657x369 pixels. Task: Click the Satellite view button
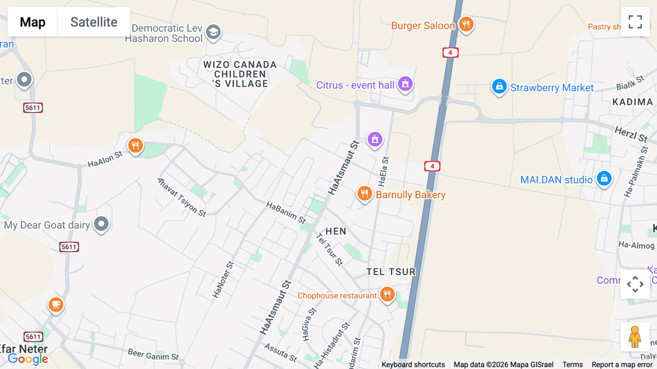coord(94,22)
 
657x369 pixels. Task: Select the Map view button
coord(32,22)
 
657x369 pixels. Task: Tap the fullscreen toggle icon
coord(635,22)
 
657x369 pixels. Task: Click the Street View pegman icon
coord(635,336)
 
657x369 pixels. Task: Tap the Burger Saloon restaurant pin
coord(466,24)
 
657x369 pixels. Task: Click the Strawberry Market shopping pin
coord(499,87)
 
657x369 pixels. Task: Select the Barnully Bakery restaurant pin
coord(364,193)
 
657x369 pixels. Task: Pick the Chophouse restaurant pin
coord(387,294)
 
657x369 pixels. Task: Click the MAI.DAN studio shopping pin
coord(604,178)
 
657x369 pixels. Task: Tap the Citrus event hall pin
coord(405,84)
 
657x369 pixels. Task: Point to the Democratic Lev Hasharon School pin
coord(213,32)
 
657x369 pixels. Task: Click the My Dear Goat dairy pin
coord(101,224)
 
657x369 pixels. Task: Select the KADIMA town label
coord(633,102)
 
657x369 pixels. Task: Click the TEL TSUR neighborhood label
coord(391,272)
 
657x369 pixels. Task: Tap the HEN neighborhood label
coord(336,231)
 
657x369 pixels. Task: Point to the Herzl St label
coord(631,134)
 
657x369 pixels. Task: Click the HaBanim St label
coord(286,212)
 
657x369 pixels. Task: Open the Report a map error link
coord(622,365)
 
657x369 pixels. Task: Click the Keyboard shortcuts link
coord(413,365)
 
